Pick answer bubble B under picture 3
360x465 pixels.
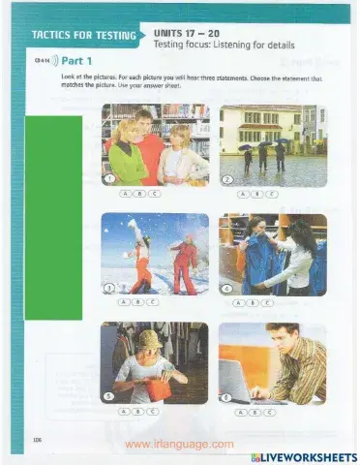click(x=138, y=302)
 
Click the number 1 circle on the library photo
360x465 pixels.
click(x=109, y=179)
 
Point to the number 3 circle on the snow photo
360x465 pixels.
click(x=109, y=288)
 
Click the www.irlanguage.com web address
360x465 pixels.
click(x=181, y=444)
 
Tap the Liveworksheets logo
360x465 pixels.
click(x=303, y=456)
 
